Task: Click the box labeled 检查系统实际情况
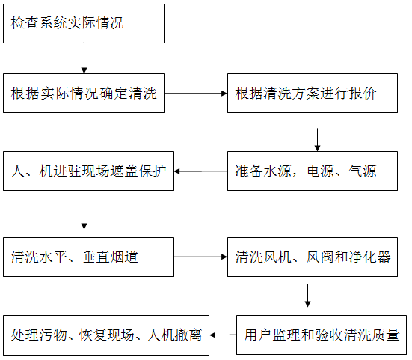(83, 24)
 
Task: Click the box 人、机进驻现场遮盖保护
(88, 171)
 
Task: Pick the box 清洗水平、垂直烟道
(88, 257)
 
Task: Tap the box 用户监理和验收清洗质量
(322, 336)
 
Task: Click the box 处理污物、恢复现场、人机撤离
(106, 336)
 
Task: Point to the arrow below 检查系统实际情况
(84, 59)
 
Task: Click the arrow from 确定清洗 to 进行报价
(195, 94)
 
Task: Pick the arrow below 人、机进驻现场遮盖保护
(84, 215)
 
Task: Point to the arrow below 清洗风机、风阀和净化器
(307, 294)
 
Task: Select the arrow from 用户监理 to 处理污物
(223, 336)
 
